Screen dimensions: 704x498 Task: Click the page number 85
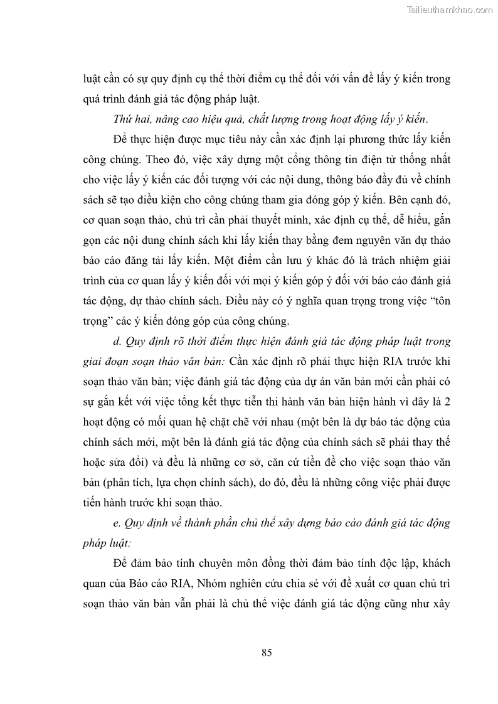coord(267,653)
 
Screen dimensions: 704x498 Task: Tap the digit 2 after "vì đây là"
coord(448,402)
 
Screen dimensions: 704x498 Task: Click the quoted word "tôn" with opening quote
coord(437,302)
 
